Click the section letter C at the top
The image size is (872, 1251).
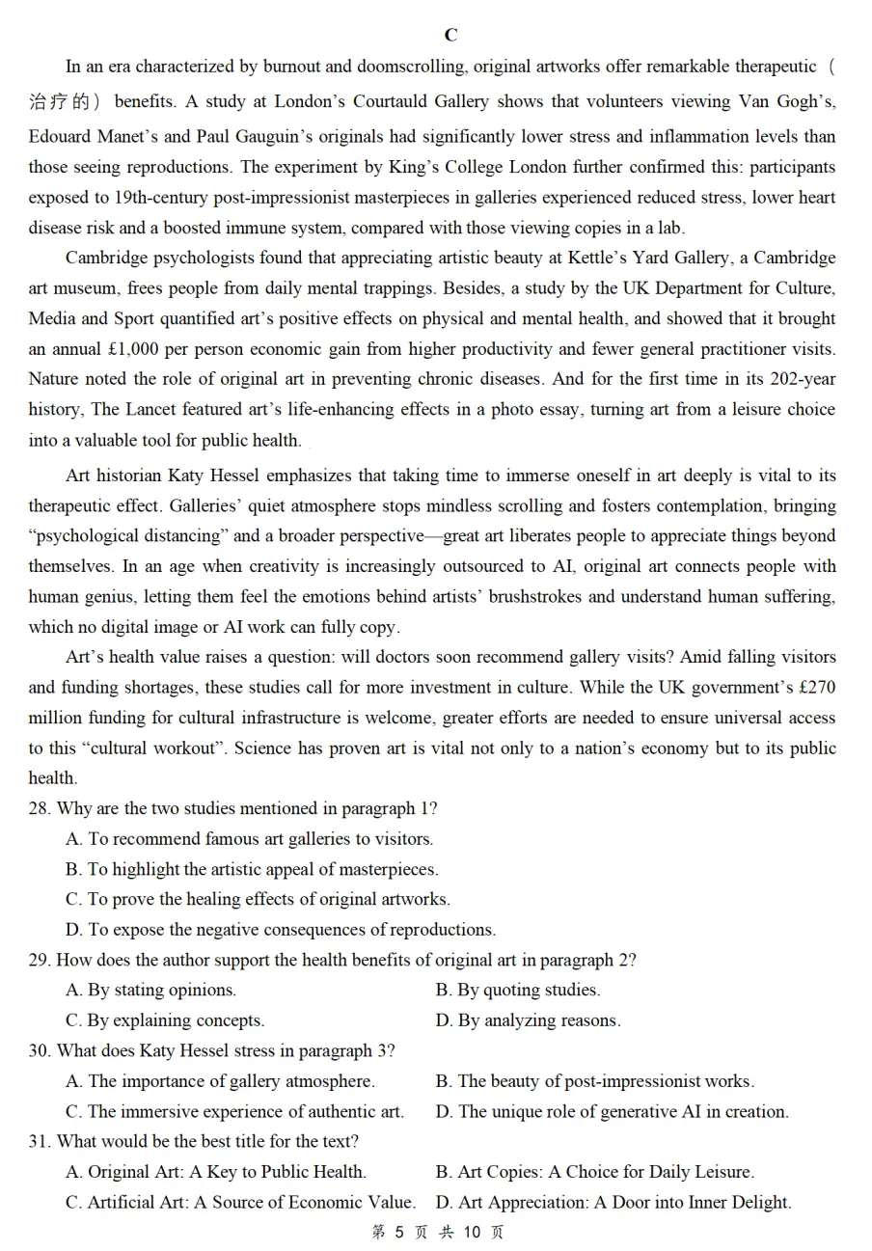450,36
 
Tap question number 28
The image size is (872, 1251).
39,808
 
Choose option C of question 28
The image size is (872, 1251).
258,899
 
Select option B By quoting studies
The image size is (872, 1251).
518,990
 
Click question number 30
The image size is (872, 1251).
39,1050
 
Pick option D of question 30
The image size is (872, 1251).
612,1111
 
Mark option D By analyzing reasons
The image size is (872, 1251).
528,1020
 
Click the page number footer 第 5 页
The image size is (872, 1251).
400,1232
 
